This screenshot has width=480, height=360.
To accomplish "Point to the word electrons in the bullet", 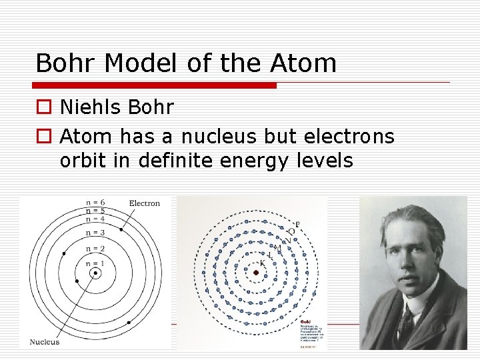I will pos(349,137).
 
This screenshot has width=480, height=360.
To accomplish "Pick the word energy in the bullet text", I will pos(249,161).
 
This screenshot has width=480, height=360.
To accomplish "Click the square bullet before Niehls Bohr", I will pos(43,107).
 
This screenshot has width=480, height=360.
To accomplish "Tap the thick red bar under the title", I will pos(155,85).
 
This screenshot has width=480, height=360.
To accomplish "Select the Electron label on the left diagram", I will pos(144,203).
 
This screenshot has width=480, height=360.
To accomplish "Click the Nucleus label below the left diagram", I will pos(44,342).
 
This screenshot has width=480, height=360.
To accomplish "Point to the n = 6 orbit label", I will pos(95,203).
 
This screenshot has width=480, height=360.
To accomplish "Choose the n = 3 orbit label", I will pos(95,233).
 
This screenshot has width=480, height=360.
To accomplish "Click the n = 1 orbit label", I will pos(95,263).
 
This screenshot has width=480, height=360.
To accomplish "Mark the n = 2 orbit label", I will pos(95,249).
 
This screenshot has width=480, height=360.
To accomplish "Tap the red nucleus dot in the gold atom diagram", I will pos(255,272).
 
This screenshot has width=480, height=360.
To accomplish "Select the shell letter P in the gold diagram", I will pos(297,224).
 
